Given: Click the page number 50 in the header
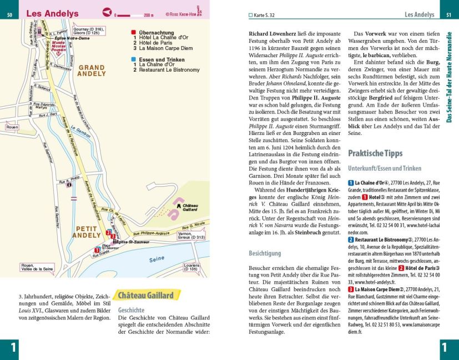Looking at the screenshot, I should (9, 14).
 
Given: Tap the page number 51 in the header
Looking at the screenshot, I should (448, 14).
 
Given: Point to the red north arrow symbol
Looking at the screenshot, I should (107, 12).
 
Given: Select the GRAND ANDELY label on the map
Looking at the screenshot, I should (92, 70).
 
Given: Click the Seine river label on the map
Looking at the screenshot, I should (157, 258).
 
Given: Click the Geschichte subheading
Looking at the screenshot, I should (131, 310).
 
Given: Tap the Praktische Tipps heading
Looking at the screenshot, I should (375, 153).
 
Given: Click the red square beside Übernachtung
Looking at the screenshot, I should (133, 33).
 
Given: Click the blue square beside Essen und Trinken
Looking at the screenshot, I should (133, 59).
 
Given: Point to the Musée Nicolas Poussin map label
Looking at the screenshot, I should (58, 48).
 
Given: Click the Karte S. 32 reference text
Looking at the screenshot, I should (264, 15).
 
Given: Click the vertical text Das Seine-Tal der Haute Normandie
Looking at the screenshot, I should (450, 78).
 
